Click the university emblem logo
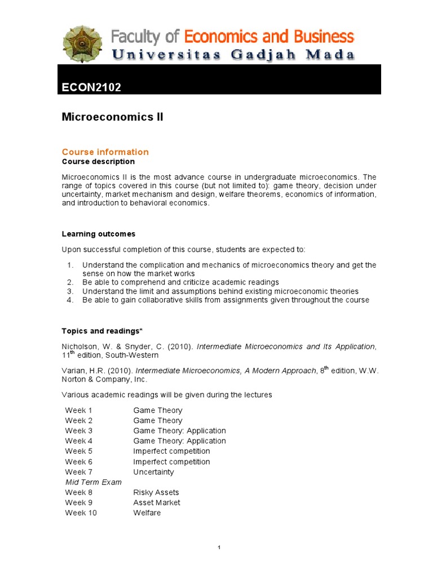coord(83,44)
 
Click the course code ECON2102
coord(91,87)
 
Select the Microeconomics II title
coord(112,117)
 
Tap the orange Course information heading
coord(105,152)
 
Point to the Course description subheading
coord(98,162)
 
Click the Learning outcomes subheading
coord(99,234)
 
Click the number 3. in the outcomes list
coord(70,291)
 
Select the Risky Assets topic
coord(156,492)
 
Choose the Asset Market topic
coord(157,503)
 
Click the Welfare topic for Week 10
coord(147,513)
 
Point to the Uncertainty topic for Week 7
coord(153,472)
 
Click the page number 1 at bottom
coord(219,548)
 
